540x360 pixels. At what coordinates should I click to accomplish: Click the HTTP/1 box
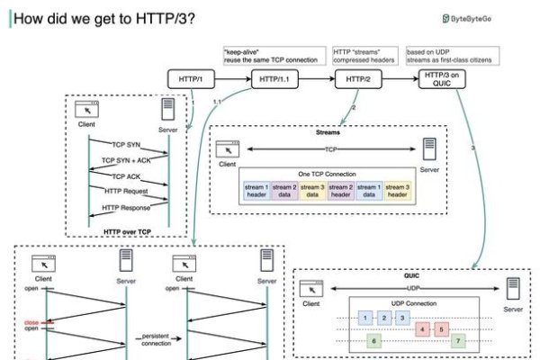(x=191, y=79)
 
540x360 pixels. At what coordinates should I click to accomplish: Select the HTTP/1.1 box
(x=274, y=79)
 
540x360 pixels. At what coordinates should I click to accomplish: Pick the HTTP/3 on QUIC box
(x=443, y=79)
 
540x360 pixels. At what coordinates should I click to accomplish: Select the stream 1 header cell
(x=256, y=192)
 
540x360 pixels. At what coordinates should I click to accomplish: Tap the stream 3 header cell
(x=398, y=192)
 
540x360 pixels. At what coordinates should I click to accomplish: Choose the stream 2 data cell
(x=284, y=192)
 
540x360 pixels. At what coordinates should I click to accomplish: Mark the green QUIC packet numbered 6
(x=374, y=342)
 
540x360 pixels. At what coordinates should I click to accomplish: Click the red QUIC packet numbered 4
(x=421, y=329)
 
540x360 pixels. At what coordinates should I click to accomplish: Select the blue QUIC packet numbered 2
(x=383, y=318)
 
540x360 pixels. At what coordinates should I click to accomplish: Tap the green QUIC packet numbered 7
(x=458, y=342)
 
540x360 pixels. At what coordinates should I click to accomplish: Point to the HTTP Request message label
(x=125, y=192)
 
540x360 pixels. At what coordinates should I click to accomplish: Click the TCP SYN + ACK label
(x=126, y=160)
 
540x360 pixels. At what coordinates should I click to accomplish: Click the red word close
(x=31, y=320)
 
